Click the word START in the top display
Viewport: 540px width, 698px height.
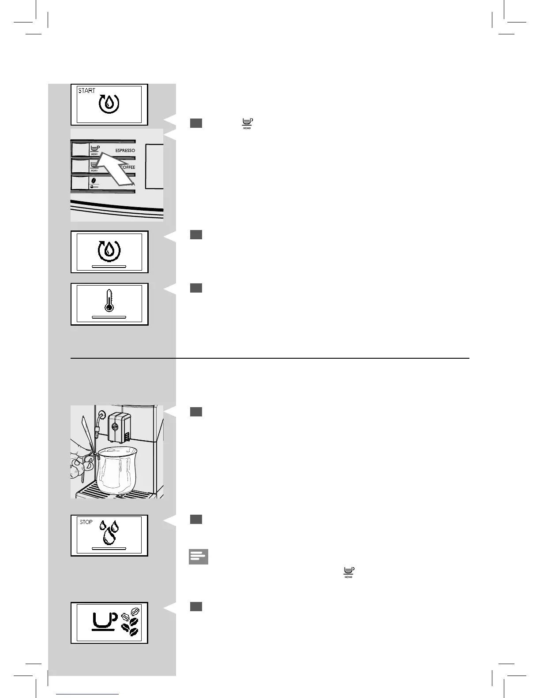coord(86,91)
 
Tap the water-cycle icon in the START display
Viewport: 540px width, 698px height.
coord(109,104)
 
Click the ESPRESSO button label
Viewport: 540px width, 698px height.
coord(125,151)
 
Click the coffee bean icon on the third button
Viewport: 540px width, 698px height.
coord(94,180)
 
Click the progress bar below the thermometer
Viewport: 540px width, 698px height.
coord(109,317)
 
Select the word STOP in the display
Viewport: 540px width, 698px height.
coord(86,522)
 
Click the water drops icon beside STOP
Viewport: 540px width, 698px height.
coord(109,532)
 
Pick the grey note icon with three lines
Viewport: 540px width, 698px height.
coord(198,557)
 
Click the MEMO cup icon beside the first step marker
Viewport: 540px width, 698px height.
coord(247,123)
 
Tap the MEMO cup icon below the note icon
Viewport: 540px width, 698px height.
coord(349,572)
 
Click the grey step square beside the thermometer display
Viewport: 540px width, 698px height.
coord(196,288)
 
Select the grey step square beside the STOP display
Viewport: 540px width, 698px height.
coord(196,520)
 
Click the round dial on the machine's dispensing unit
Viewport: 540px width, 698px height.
coord(114,426)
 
